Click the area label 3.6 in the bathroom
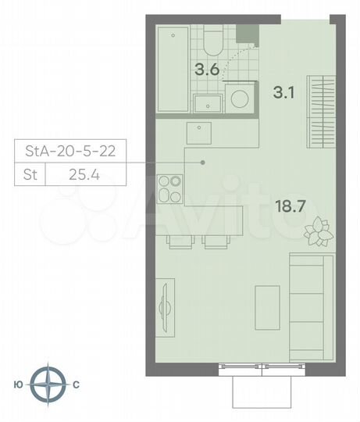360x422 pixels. [x=207, y=69]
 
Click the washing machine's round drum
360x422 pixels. [x=239, y=101]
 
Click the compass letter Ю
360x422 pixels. [x=19, y=384]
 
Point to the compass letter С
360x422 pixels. [x=77, y=384]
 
